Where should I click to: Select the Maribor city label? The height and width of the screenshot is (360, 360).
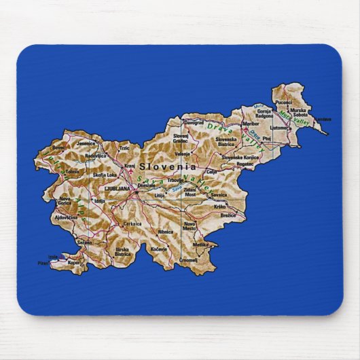click(x=251, y=124)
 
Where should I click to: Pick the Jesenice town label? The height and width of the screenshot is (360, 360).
click(x=86, y=143)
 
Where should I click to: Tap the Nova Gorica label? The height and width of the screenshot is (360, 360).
click(x=63, y=201)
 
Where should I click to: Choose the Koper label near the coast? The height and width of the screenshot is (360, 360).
click(x=74, y=262)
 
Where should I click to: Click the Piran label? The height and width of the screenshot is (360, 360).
click(x=43, y=262)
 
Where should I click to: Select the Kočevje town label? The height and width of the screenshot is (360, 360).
click(x=159, y=250)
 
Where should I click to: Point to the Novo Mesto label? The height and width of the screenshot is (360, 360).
click(x=190, y=226)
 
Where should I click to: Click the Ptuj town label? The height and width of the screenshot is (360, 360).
click(x=266, y=138)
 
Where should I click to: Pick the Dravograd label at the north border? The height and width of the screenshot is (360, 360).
click(x=194, y=123)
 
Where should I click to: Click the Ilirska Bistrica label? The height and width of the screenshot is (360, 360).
click(x=122, y=251)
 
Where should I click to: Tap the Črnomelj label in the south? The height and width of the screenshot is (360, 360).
click(x=189, y=259)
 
